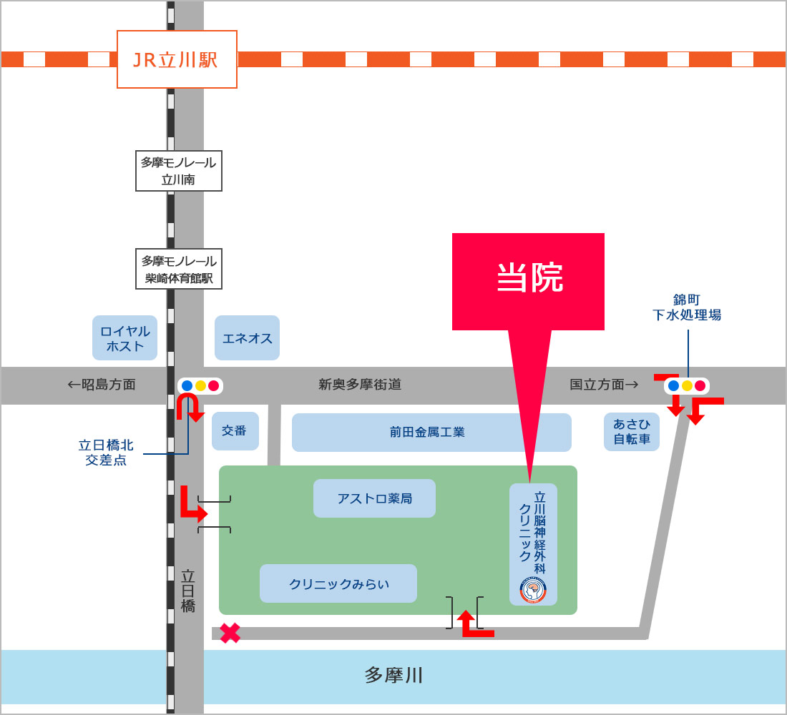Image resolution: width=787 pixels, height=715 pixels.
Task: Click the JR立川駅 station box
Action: tap(177, 59)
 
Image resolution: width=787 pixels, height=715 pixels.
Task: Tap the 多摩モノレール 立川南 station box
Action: tap(179, 171)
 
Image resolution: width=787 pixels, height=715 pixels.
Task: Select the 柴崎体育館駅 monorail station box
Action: tap(179, 269)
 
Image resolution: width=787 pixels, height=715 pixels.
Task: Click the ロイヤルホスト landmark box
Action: tap(125, 337)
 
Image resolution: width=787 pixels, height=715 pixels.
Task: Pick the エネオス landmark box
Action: tap(247, 337)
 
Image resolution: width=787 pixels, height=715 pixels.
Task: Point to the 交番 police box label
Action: tap(235, 431)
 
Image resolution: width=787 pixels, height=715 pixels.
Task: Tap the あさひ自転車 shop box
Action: tap(632, 432)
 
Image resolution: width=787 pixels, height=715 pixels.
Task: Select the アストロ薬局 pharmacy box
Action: tap(374, 498)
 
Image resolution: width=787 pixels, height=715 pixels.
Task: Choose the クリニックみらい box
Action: tap(338, 583)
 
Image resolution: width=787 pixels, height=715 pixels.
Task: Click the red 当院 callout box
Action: tap(528, 282)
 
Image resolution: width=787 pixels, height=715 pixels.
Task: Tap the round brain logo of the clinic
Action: tap(533, 590)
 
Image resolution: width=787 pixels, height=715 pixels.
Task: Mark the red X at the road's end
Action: tap(230, 633)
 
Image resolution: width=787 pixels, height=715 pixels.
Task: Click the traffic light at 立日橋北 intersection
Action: tap(200, 385)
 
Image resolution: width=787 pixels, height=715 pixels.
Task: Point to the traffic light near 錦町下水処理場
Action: tap(687, 386)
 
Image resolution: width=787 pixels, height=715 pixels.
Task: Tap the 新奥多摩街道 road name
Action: tap(360, 385)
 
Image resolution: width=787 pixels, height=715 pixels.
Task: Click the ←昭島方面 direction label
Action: tap(102, 385)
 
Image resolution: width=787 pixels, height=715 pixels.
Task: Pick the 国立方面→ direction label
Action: tap(604, 385)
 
